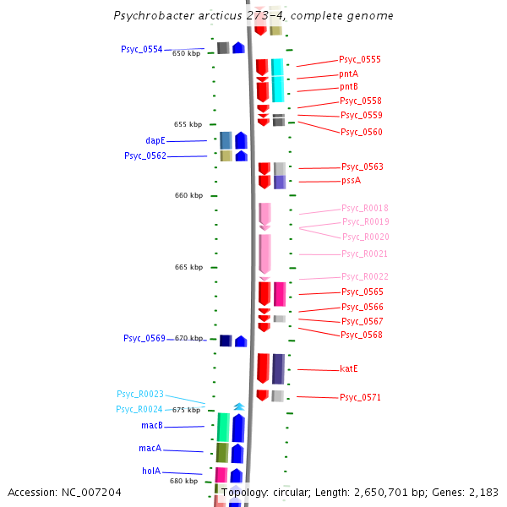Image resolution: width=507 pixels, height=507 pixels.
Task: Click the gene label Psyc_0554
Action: [141, 49]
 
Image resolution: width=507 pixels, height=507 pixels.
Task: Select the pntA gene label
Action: [349, 74]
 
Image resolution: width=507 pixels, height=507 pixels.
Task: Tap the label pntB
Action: [349, 86]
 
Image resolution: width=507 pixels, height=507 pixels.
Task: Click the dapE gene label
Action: [155, 140]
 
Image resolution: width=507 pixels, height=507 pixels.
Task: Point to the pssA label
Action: [351, 180]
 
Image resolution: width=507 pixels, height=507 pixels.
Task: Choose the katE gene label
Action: [350, 368]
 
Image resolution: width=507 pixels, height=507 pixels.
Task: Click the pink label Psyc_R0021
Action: [365, 253]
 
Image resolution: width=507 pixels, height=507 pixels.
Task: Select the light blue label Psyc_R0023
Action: [140, 394]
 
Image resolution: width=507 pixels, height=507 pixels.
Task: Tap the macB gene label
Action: [152, 425]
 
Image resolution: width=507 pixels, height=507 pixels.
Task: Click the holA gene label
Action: [151, 471]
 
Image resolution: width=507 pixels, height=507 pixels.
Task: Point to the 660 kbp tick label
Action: [189, 195]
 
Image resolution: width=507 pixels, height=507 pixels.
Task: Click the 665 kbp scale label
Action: [188, 267]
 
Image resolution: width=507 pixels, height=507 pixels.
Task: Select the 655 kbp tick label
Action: [188, 124]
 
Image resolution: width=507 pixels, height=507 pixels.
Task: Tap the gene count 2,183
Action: [483, 492]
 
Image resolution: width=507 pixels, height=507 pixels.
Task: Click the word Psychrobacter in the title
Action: [152, 16]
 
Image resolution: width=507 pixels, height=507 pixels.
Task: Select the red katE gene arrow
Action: [263, 368]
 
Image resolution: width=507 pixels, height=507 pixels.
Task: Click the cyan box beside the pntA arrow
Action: [277, 80]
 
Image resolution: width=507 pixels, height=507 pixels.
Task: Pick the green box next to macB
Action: [223, 427]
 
